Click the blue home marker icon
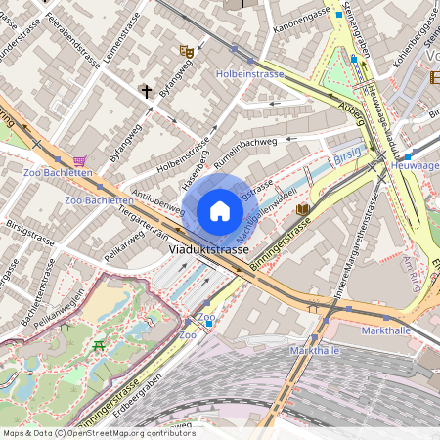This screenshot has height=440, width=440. pyautogui.click(x=220, y=210)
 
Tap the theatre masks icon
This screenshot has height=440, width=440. pyautogui.click(x=186, y=51)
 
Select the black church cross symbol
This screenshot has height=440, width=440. pyautogui.click(x=147, y=92)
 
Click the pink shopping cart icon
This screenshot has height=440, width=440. pyautogui.click(x=79, y=160)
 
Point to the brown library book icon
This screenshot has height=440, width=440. pyautogui.click(x=303, y=209)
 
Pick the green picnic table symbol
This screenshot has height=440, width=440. pyautogui.click(x=98, y=346)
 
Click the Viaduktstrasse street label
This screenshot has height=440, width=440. pyautogui.click(x=208, y=250)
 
